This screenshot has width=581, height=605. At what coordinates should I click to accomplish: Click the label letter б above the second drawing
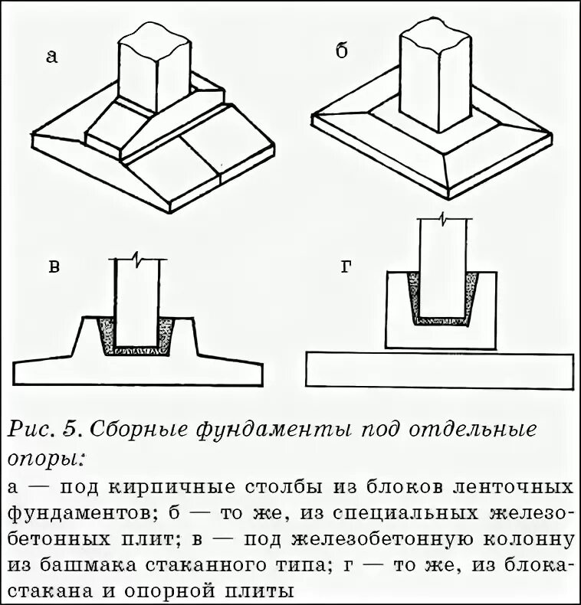click(343, 51)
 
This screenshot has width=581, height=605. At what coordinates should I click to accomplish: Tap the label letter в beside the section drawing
click(54, 267)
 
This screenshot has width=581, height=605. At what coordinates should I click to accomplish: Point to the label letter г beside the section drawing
click(346, 267)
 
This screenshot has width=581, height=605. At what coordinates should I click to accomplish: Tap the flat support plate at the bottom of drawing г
click(439, 371)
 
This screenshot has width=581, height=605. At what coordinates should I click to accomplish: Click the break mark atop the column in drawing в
click(137, 258)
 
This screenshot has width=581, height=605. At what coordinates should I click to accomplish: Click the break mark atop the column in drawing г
click(445, 220)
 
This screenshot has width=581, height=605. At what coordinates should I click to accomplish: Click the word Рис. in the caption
click(31, 430)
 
